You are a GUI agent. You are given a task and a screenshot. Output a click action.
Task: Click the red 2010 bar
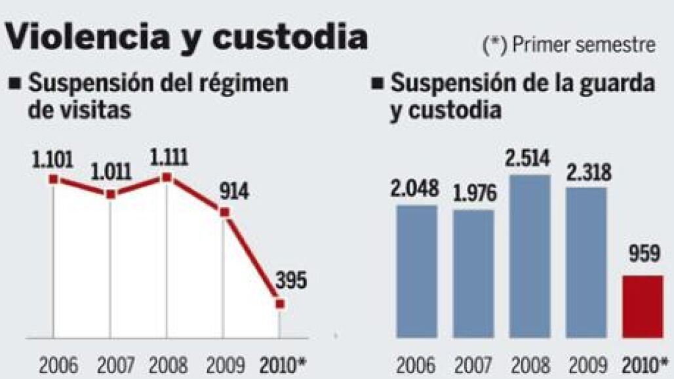point(642,307)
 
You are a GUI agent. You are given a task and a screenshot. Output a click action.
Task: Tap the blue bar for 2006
point(416,271)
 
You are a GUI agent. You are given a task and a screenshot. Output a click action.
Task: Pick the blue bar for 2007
point(473,274)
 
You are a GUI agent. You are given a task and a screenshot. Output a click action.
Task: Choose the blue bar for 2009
point(585,263)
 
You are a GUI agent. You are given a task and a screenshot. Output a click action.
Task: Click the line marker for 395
point(280,304)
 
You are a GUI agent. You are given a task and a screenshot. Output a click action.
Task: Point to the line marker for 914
point(224,212)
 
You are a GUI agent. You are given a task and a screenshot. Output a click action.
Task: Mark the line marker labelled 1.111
point(167,177)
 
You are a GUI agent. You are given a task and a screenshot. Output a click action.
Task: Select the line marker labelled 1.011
point(111,194)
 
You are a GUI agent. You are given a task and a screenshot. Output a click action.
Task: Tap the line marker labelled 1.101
point(54,178)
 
